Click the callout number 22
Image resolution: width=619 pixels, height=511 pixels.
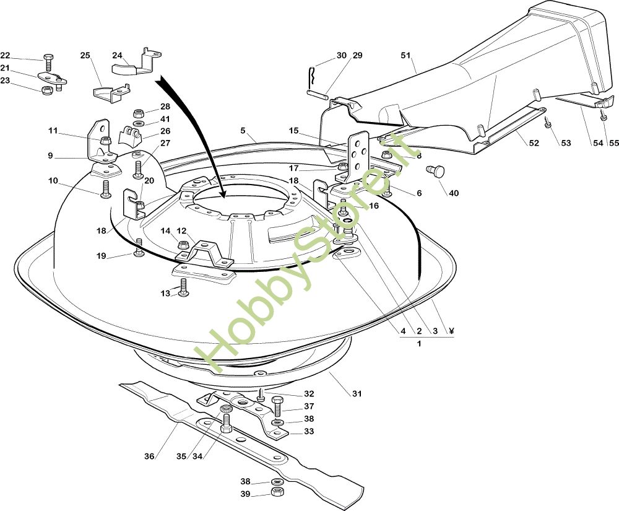click(x=5, y=55)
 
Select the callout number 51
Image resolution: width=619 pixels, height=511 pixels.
click(x=406, y=56)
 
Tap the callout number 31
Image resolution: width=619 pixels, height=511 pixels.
click(x=357, y=394)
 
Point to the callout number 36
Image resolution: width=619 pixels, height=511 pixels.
click(x=149, y=456)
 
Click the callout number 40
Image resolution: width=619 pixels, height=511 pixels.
click(x=454, y=193)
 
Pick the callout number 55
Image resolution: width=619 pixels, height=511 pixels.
click(x=613, y=144)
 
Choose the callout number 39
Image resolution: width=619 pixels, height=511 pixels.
click(x=246, y=494)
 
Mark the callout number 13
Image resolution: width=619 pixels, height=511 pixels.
click(x=165, y=293)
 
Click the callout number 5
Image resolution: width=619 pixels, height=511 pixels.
click(x=243, y=131)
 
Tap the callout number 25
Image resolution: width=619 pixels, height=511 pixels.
click(x=85, y=56)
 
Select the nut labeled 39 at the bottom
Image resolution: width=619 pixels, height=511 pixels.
click(x=277, y=493)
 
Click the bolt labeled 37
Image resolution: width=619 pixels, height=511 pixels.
click(x=277, y=407)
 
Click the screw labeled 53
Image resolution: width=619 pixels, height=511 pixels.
click(x=548, y=124)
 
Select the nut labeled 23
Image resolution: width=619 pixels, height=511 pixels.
click(x=46, y=90)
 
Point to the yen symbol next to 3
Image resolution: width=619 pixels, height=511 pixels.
click(x=451, y=331)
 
